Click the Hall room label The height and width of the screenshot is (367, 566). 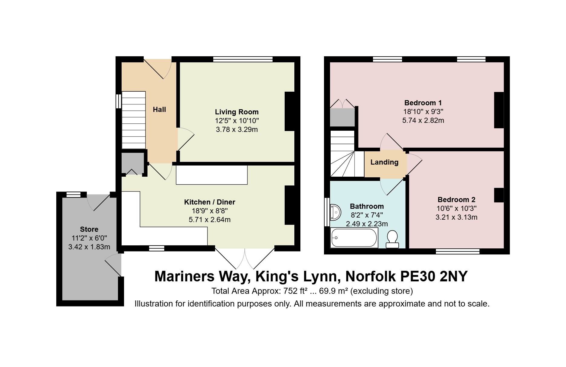pyautogui.click(x=159, y=110)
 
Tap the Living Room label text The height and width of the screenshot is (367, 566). pyautogui.click(x=237, y=112)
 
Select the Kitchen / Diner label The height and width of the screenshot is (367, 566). pyautogui.click(x=210, y=202)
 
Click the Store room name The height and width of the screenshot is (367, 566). pyautogui.click(x=89, y=229)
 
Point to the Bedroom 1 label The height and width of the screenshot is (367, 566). pyautogui.click(x=423, y=103)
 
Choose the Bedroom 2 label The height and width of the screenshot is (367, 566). pyautogui.click(x=456, y=200)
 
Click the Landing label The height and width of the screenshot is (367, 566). pyautogui.click(x=384, y=162)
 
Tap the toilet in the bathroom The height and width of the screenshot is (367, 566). pyautogui.click(x=392, y=239)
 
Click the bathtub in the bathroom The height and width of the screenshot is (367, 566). pyautogui.click(x=354, y=238)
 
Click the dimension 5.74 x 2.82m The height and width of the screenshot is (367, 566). pyautogui.click(x=423, y=120)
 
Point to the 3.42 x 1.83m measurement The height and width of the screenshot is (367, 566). pyautogui.click(x=89, y=247)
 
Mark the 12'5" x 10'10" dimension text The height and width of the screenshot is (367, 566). pyautogui.click(x=237, y=121)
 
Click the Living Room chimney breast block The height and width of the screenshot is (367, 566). pyautogui.click(x=290, y=111)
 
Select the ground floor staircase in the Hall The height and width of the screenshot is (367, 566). pyautogui.click(x=134, y=120)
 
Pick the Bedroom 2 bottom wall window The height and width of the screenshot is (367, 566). pyautogui.click(x=458, y=251)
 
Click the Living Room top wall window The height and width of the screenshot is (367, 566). pyautogui.click(x=243, y=59)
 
